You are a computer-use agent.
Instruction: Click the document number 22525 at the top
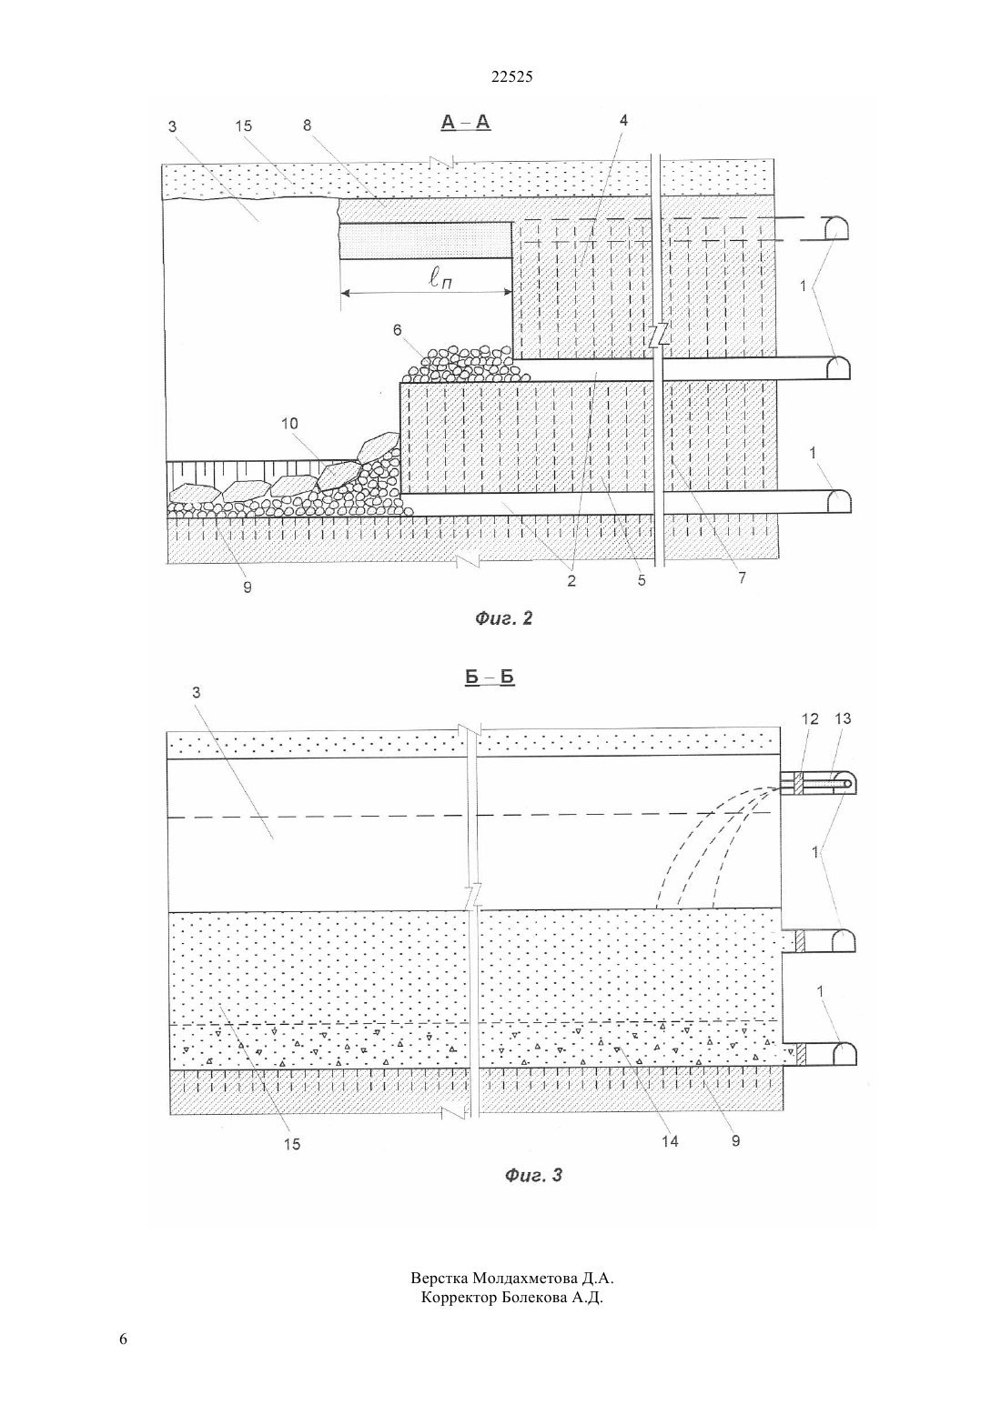[511, 76]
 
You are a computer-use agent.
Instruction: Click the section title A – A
[466, 122]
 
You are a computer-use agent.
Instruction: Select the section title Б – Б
[490, 677]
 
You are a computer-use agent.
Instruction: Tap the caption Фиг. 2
[503, 617]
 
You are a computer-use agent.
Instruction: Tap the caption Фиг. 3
[533, 1175]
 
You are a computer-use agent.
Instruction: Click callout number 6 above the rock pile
[397, 330]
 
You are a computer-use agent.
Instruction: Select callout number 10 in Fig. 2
[289, 423]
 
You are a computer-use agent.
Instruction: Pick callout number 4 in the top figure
[623, 121]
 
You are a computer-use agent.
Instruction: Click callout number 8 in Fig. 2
[308, 125]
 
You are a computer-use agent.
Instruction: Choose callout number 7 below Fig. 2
[742, 578]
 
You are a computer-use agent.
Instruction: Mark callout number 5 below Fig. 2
[642, 580]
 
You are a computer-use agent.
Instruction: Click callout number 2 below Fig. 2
[571, 581]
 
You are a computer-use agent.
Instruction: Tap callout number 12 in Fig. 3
[810, 719]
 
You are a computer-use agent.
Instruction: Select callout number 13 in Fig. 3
[843, 719]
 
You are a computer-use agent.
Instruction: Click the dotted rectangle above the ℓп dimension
[425, 241]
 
